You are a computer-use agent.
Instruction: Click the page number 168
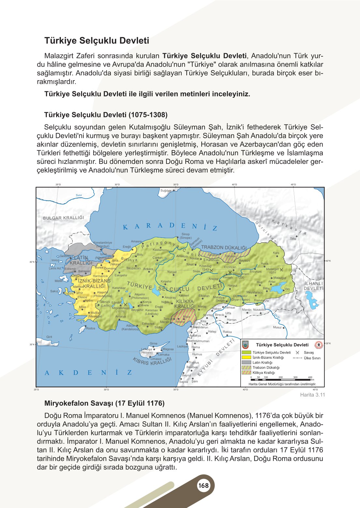click(x=203, y=486)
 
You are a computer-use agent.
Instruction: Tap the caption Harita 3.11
click(x=312, y=395)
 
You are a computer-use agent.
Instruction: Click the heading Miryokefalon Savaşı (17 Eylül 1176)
click(x=104, y=403)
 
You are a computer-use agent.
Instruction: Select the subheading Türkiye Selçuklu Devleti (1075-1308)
click(x=106, y=115)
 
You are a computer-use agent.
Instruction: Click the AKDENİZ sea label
click(x=88, y=372)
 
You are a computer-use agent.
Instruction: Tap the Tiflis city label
click(x=293, y=239)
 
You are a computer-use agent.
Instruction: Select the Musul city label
click(x=277, y=327)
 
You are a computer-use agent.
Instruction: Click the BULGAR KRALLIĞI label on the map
click(x=64, y=218)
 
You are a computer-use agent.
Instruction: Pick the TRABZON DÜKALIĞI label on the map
click(x=224, y=248)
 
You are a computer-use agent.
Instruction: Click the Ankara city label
click(x=148, y=269)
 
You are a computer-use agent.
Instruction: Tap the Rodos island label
click(x=91, y=328)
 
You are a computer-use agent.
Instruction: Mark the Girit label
click(x=49, y=337)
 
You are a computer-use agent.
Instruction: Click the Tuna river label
click(x=79, y=195)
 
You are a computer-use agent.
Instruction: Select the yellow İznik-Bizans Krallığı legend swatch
click(x=247, y=357)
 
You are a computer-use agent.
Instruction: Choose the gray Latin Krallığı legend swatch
click(x=247, y=362)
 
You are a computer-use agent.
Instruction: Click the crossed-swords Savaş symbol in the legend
click(x=297, y=353)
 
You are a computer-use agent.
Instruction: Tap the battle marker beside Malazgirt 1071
click(x=281, y=269)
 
